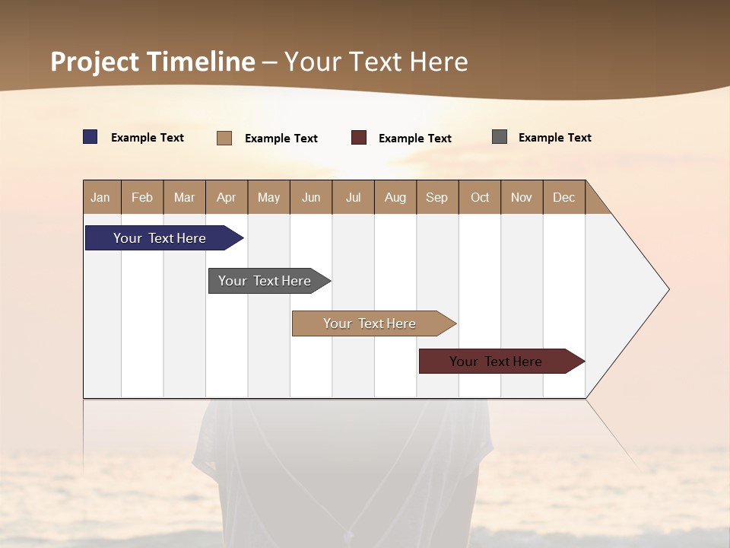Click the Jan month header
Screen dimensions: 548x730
pos(100,197)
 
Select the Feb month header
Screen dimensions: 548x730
pos(142,197)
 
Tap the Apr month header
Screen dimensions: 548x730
pos(226,197)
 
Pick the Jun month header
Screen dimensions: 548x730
pos(311,197)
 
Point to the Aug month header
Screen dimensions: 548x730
pos(395,197)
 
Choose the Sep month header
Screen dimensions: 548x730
pos(436,197)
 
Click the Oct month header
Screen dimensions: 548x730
pos(480,197)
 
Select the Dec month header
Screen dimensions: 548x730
pos(563,197)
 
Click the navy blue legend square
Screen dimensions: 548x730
pos(90,137)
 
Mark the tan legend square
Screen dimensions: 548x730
pos(224,138)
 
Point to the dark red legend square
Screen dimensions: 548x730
pos(359,138)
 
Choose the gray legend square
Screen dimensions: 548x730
pos(500,137)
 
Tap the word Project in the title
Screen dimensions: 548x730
pos(94,62)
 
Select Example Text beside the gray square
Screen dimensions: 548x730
pos(554,138)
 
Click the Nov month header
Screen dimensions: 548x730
pos(521,197)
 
